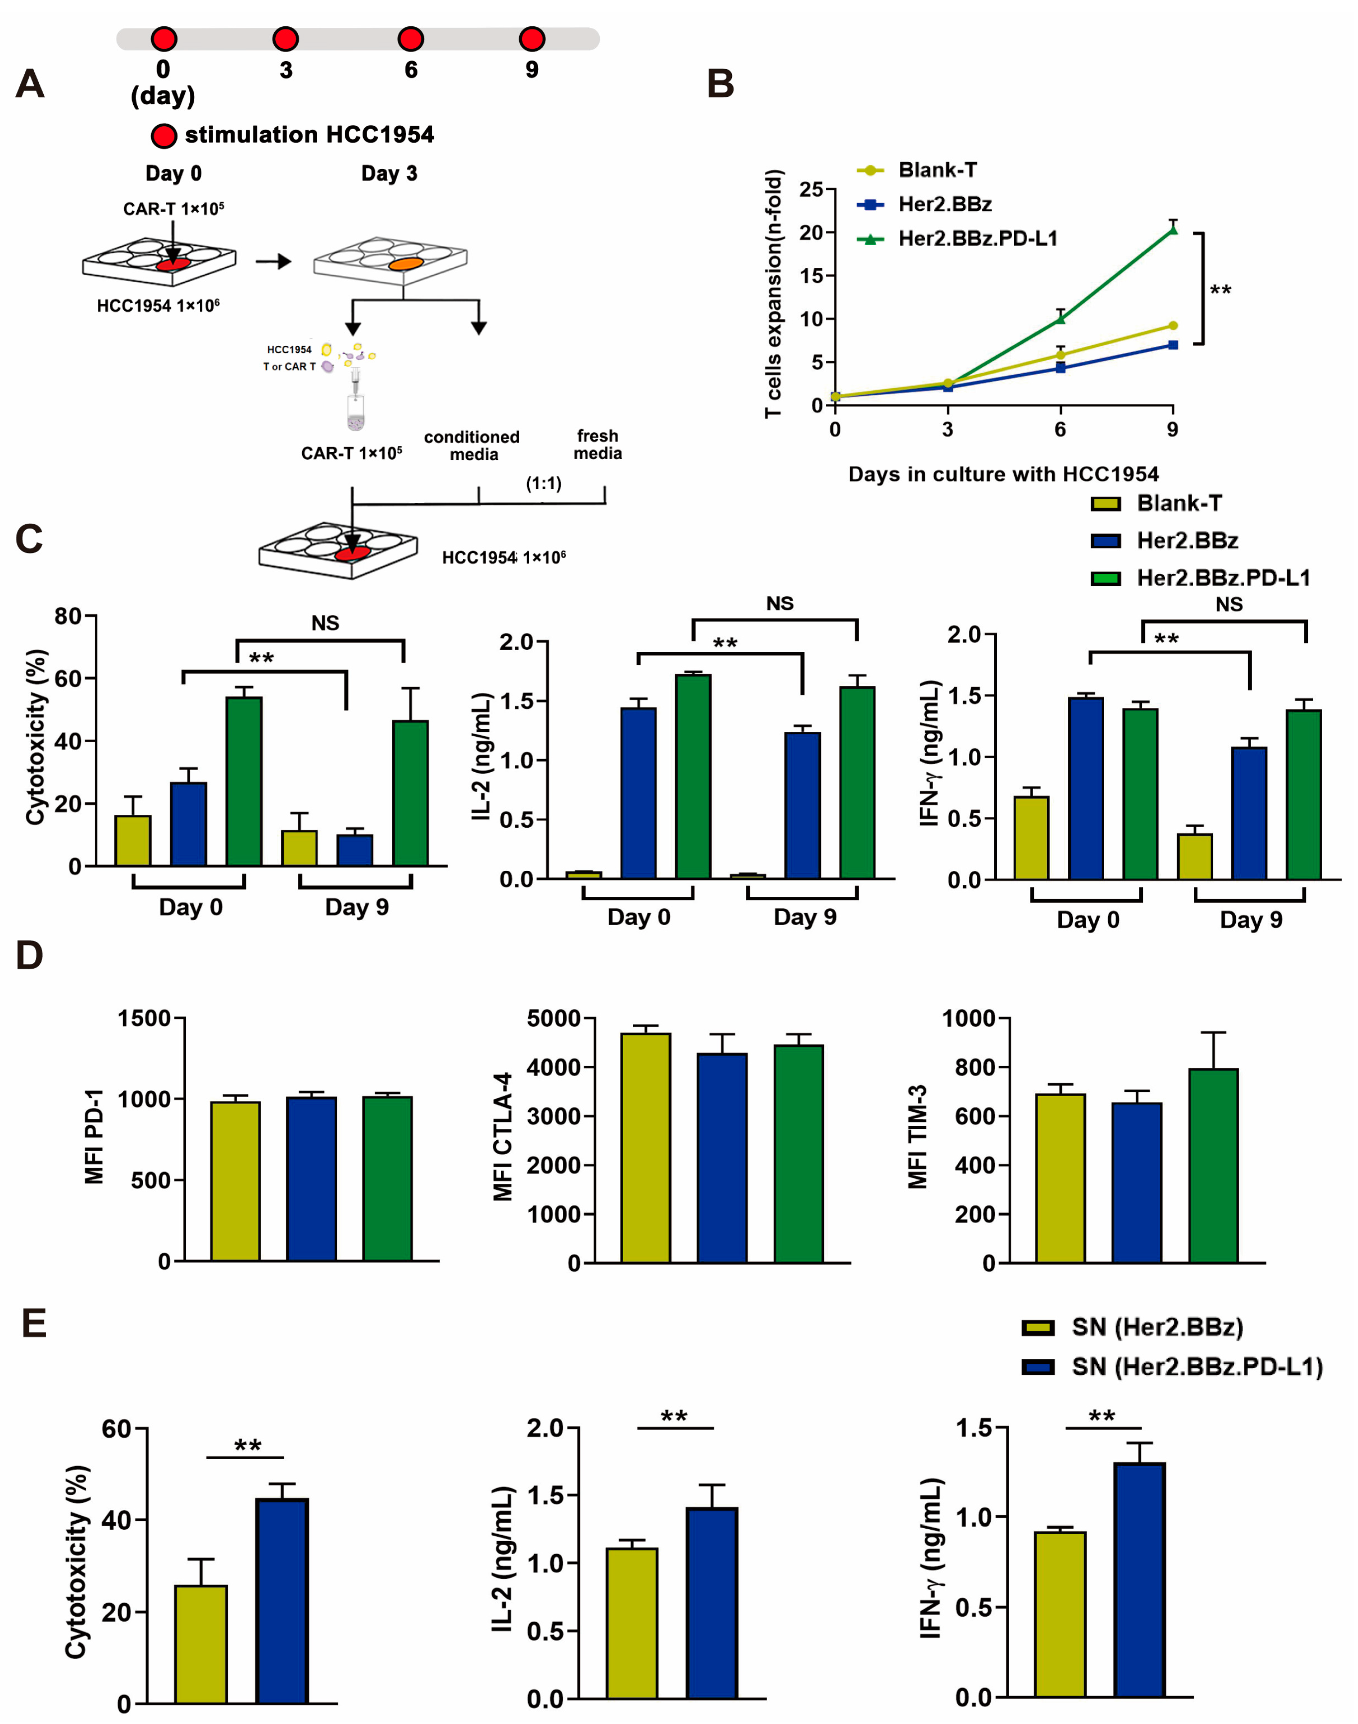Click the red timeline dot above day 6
pyautogui.click(x=410, y=38)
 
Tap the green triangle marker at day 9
pyautogui.click(x=1173, y=230)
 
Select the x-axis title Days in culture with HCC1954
pyautogui.click(x=1003, y=474)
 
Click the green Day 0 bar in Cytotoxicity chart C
pyautogui.click(x=244, y=782)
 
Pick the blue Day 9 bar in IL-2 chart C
pyautogui.click(x=802, y=805)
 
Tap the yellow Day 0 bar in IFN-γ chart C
pyautogui.click(x=1031, y=838)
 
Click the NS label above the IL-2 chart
pyautogui.click(x=779, y=603)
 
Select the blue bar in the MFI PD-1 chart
pyautogui.click(x=311, y=1179)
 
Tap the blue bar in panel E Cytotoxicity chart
pyautogui.click(x=282, y=1600)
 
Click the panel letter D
pyautogui.click(x=29, y=955)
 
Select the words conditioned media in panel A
pyautogui.click(x=472, y=446)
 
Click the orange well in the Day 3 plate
pyautogui.click(x=405, y=263)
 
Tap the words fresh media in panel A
pyautogui.click(x=598, y=444)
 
